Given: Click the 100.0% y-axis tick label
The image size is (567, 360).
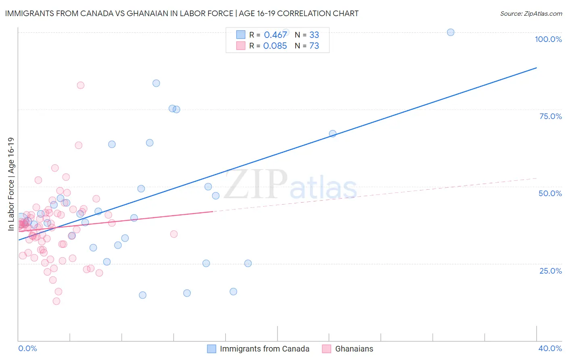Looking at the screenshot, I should pyautogui.click(x=548, y=39).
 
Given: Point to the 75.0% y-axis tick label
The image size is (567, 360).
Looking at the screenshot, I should pyautogui.click(x=550, y=116).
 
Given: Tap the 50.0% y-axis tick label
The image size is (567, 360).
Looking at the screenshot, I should pyautogui.click(x=550, y=193).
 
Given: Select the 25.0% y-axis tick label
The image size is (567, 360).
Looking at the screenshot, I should pyautogui.click(x=550, y=270).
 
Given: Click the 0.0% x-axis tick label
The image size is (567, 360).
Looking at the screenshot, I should pyautogui.click(x=27, y=348).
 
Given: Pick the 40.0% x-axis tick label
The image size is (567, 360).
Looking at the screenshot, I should pyautogui.click(x=550, y=348).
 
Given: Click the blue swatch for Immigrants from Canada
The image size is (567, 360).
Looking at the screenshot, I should pyautogui.click(x=212, y=349).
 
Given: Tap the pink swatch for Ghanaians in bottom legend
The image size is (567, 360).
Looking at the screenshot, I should pyautogui.click(x=327, y=349).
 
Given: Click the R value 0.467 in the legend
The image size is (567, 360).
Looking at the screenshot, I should pyautogui.click(x=275, y=35).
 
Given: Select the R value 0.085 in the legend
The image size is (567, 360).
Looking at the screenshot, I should pyautogui.click(x=275, y=46).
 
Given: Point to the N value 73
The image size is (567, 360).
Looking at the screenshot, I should pyautogui.click(x=314, y=46).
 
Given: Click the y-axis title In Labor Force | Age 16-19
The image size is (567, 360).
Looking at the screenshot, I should pyautogui.click(x=11, y=184).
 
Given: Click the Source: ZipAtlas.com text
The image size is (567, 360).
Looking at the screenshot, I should pyautogui.click(x=531, y=13).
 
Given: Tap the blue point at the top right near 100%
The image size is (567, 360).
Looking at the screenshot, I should pyautogui.click(x=450, y=32).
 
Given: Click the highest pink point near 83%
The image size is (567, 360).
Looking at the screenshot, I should pyautogui.click(x=81, y=85).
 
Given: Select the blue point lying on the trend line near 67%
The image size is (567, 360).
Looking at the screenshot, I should pyautogui.click(x=333, y=134).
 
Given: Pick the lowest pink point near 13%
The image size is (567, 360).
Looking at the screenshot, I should pyautogui.click(x=56, y=301).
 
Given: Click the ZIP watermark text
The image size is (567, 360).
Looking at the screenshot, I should pyautogui.click(x=256, y=184).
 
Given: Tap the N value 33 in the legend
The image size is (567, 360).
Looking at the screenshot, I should pyautogui.click(x=314, y=35).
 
